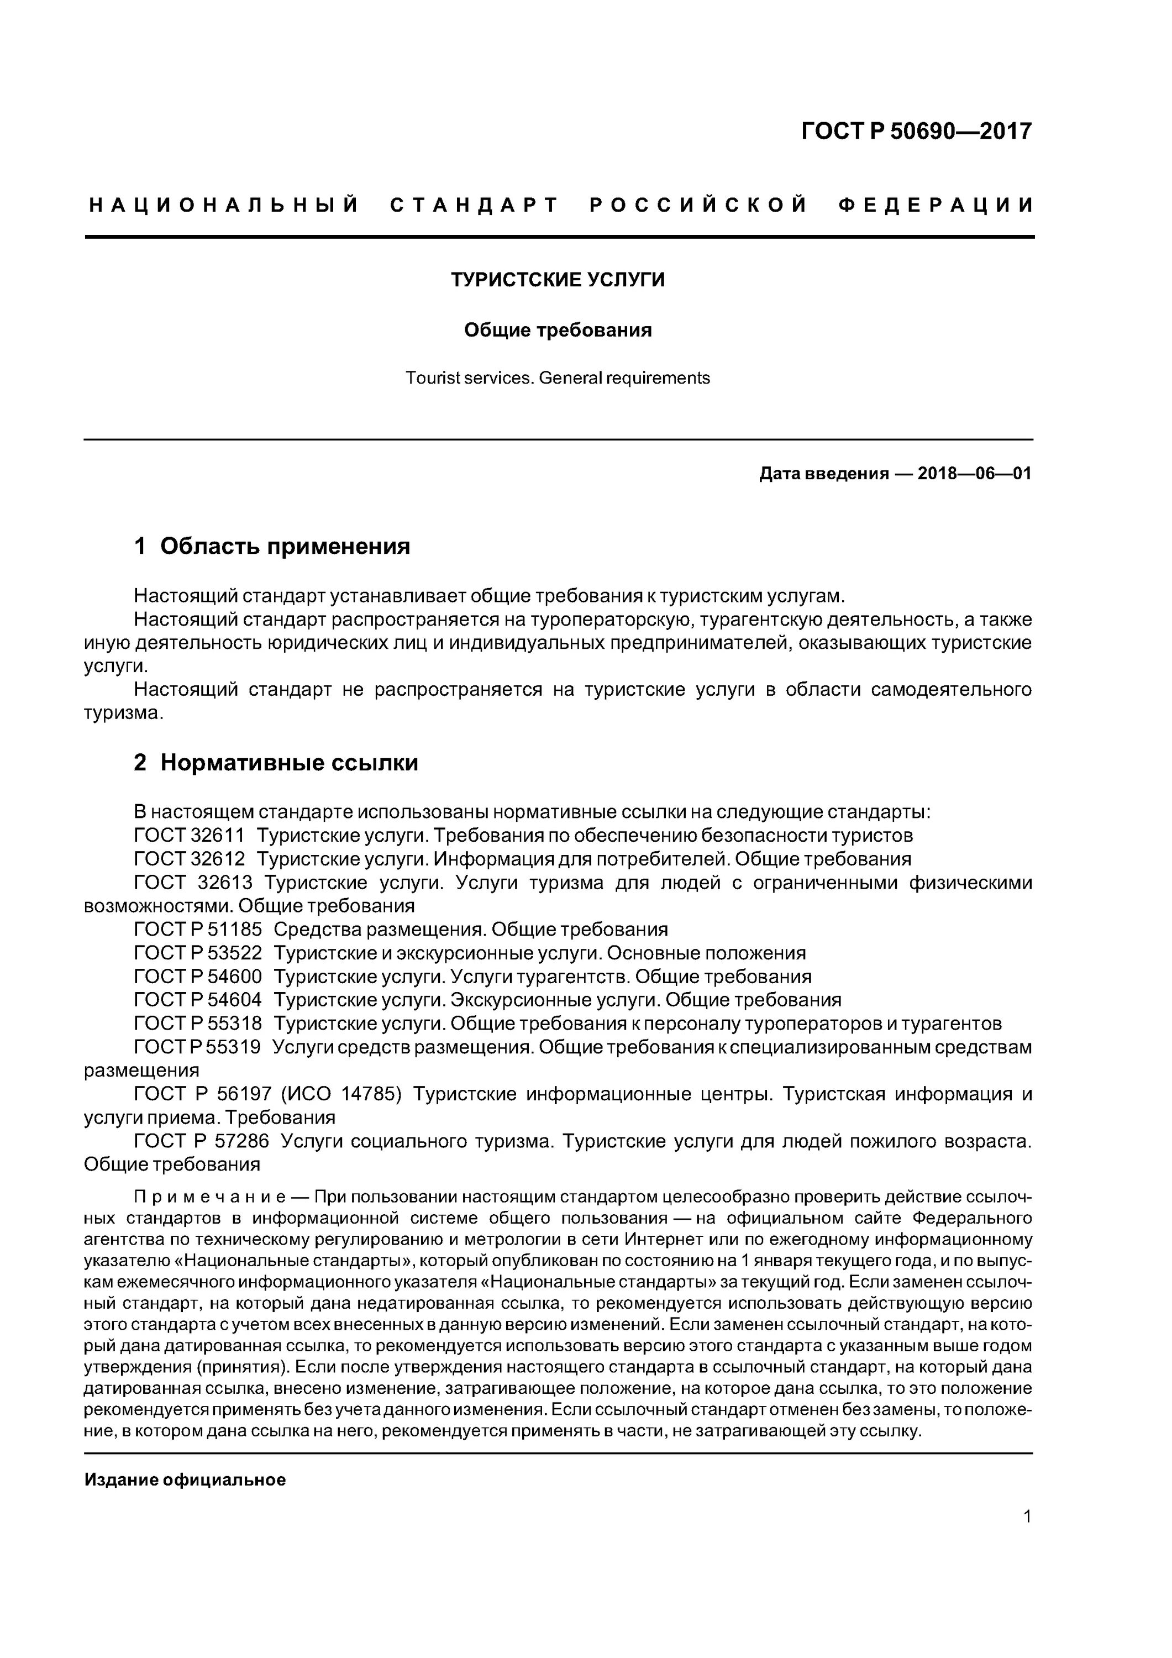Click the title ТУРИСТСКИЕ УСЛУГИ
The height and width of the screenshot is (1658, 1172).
pyautogui.click(x=558, y=280)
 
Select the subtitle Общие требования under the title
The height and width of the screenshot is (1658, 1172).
pyautogui.click(x=558, y=330)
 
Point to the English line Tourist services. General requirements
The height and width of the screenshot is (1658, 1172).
pyautogui.click(x=558, y=377)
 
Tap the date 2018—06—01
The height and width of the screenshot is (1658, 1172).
pyautogui.click(x=974, y=474)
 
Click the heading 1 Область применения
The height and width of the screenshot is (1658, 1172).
pyautogui.click(x=272, y=546)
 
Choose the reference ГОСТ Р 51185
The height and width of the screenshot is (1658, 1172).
pyautogui.click(x=198, y=930)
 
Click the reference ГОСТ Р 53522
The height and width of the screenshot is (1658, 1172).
pyautogui.click(x=198, y=953)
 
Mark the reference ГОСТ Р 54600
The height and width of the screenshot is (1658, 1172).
pyautogui.click(x=198, y=977)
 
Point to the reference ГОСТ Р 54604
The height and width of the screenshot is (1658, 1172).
pyautogui.click(x=198, y=1000)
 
